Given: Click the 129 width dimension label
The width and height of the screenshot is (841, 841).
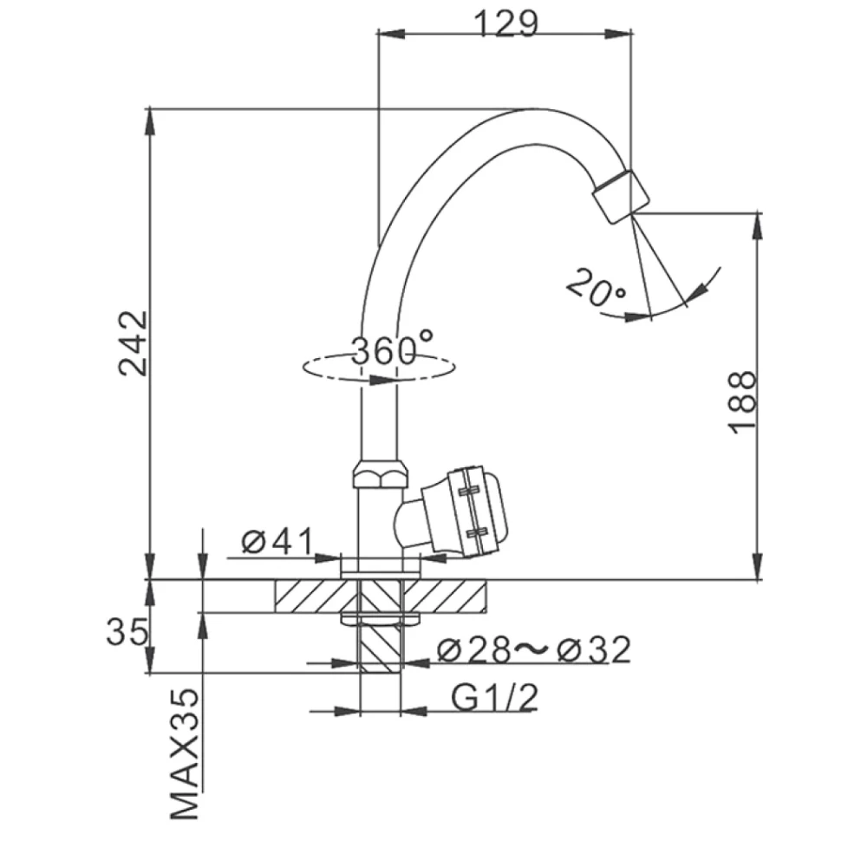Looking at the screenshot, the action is click(505, 23).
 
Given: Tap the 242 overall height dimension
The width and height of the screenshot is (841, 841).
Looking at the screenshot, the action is click(133, 343).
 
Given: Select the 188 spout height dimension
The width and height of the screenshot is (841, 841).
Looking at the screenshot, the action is click(742, 401).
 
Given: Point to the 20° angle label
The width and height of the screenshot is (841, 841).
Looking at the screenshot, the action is click(596, 287).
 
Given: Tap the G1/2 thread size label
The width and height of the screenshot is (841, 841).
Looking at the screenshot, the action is click(494, 697).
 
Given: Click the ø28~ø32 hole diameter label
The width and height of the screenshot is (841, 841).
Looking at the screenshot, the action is click(534, 649).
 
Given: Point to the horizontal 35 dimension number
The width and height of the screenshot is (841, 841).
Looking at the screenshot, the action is click(127, 631).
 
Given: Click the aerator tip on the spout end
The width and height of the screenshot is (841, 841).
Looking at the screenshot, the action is click(621, 196).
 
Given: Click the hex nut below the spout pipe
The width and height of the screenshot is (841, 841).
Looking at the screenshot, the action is click(380, 473).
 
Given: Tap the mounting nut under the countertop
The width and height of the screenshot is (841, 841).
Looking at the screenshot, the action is click(380, 619).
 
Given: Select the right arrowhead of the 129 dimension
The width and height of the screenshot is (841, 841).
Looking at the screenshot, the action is click(620, 33).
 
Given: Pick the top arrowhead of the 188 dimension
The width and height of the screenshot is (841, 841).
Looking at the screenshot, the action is click(757, 225).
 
